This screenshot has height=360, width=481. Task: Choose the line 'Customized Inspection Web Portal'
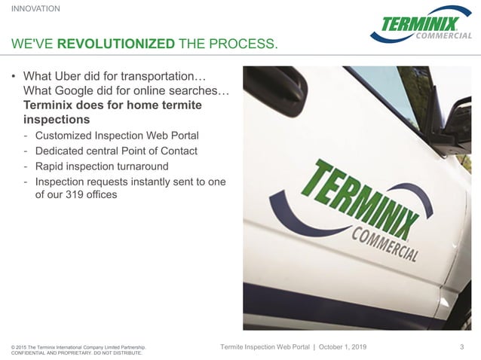click(117, 136)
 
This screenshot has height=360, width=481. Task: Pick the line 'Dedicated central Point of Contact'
click(116, 151)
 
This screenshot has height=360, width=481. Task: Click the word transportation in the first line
click(161, 77)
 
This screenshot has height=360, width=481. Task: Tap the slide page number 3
click(461, 346)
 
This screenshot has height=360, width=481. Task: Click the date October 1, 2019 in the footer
click(354, 346)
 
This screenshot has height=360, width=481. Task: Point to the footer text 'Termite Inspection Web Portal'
click(263, 346)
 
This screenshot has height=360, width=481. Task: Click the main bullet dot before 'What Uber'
click(14, 78)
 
